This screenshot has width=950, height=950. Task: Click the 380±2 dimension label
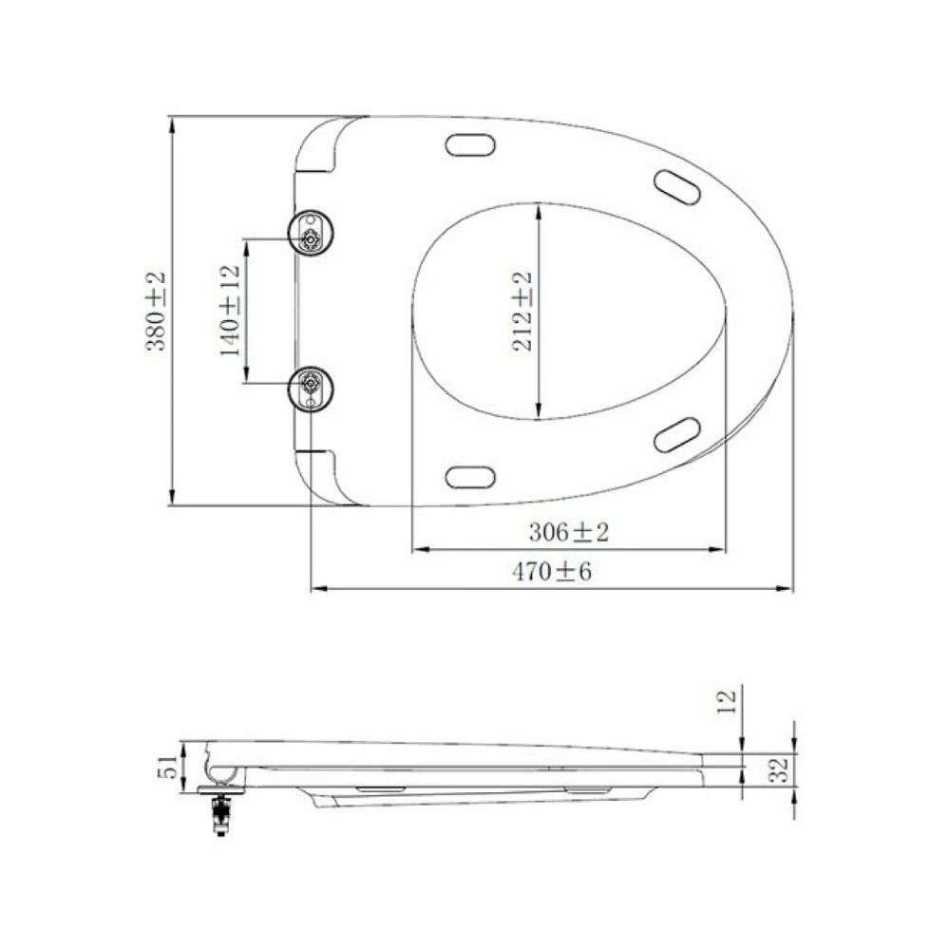[x=154, y=311]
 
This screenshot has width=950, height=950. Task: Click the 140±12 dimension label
[x=230, y=311]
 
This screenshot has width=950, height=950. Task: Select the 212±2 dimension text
[x=521, y=311]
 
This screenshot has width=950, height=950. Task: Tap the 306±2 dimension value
[x=568, y=533]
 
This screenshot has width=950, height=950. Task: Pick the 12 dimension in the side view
[x=728, y=702]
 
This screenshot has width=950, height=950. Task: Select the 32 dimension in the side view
[x=779, y=769]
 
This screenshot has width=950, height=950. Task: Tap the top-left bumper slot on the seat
[x=470, y=144]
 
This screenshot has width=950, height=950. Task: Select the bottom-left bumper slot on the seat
[x=470, y=477]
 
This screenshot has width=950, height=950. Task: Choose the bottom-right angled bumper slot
[x=677, y=434]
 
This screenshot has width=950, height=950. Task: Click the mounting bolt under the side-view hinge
[x=221, y=813]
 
